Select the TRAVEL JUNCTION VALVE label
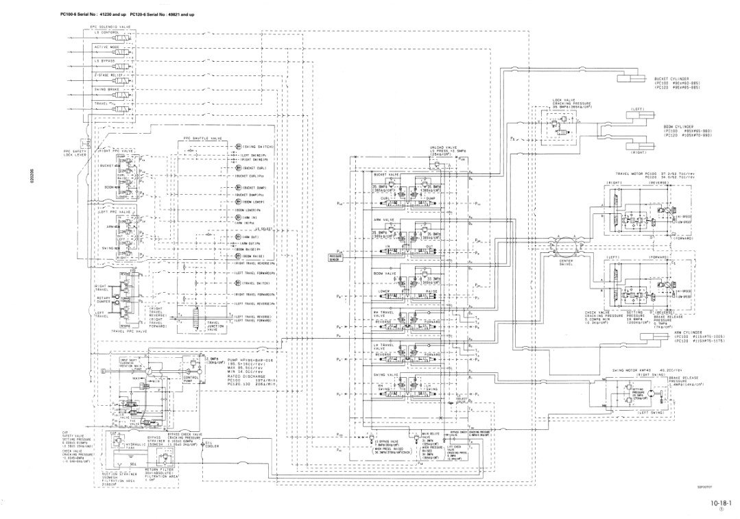pos(218,326)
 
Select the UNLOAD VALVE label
pos(424,145)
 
